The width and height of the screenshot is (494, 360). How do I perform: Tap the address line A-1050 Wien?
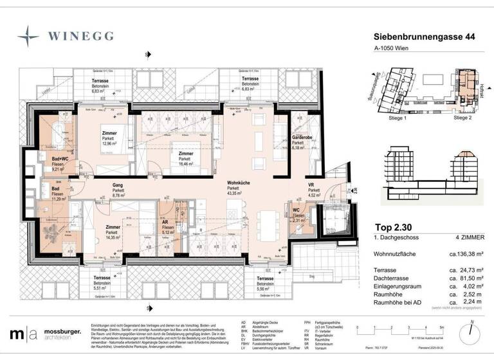coord(395,55)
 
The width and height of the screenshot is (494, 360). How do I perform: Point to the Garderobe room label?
coord(302,138)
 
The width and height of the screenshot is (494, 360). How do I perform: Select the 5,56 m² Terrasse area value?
coord(266,289)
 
